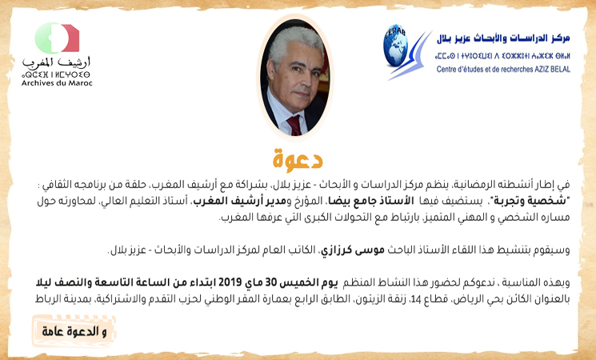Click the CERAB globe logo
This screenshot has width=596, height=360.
pos(396,46)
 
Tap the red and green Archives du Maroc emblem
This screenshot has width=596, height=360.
pos(57,38)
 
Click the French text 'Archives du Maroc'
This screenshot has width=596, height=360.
pos(57,83)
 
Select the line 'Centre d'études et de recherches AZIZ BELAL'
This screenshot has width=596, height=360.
pos(503,69)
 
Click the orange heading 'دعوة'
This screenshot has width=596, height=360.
pos(298,159)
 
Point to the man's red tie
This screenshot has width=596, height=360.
pos(294,125)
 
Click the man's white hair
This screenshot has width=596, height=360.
pos(294,42)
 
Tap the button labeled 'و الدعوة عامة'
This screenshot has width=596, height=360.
pos(74,331)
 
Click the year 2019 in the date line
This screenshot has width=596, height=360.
pos(229,282)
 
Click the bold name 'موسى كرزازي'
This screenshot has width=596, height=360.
pos(352,250)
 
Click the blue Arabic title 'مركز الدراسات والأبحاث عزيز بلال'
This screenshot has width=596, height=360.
pos(503,38)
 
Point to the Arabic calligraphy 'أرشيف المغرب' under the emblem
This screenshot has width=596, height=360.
pos(56,62)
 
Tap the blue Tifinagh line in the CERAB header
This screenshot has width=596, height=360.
pos(503,56)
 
